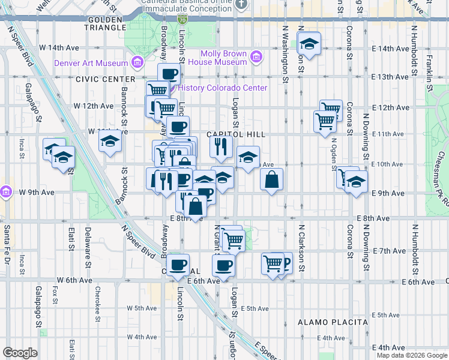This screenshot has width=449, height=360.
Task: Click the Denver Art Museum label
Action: click(x=91, y=63)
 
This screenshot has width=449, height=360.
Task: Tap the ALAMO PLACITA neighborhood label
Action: click(x=333, y=322)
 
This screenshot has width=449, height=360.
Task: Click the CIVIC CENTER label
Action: click(x=106, y=79)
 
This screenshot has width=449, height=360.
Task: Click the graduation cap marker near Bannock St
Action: click(x=110, y=142)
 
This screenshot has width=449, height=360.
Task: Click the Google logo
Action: click(x=20, y=353)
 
